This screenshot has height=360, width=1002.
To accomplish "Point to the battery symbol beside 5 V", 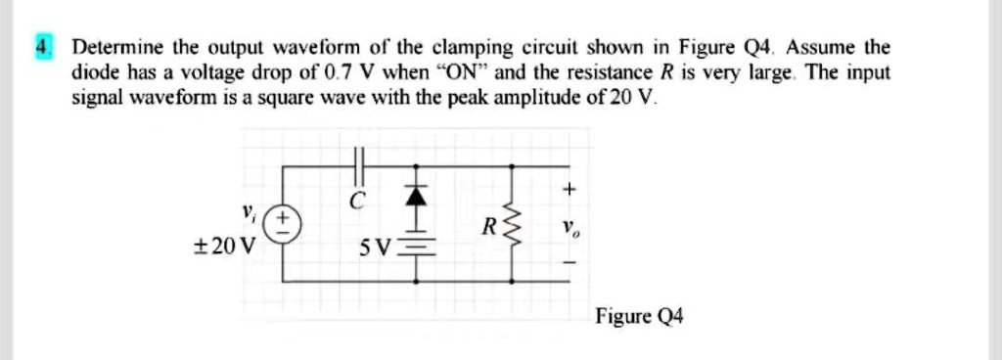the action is coord(417,248).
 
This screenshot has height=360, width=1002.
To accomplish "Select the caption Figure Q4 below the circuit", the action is coord(639,315).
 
